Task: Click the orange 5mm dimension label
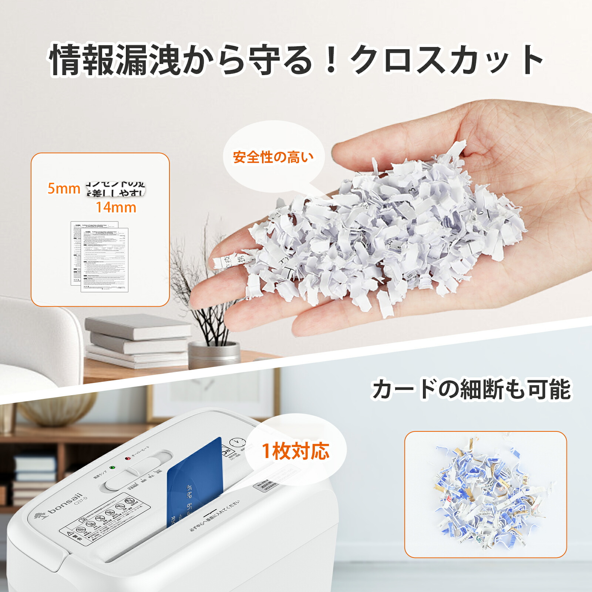64,189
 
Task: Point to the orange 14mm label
116,208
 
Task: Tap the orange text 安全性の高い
273,157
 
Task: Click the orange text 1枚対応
296,451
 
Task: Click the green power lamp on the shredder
113,467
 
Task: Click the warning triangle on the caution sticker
69,534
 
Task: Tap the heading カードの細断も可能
471,389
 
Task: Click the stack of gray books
137,340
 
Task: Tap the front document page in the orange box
105,260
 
